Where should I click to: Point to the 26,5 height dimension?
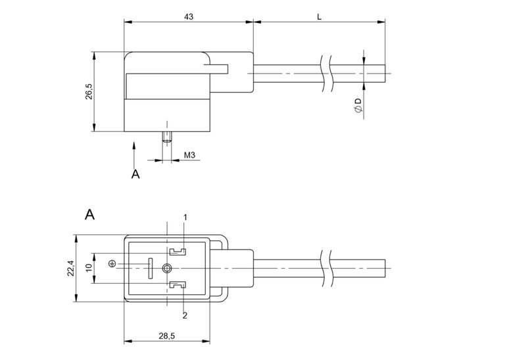click(x=88, y=92)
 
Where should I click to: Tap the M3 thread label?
click(x=189, y=155)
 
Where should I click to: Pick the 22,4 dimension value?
click(x=70, y=267)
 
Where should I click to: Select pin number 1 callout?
click(x=185, y=217)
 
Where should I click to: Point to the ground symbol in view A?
click(x=112, y=264)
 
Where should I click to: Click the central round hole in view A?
click(x=168, y=267)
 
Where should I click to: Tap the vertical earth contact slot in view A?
click(x=150, y=267)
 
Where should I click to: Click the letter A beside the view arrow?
click(x=135, y=174)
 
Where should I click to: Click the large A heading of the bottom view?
click(x=90, y=214)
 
